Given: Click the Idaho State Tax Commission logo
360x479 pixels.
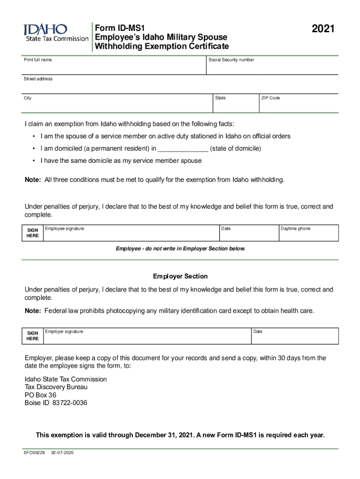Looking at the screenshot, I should [x=56, y=33].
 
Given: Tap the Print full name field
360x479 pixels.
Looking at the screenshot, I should [x=114, y=67].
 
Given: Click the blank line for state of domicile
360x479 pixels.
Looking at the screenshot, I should [x=183, y=149].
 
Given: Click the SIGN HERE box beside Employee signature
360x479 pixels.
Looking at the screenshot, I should [x=33, y=233].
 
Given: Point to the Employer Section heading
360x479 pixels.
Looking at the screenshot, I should [x=180, y=276].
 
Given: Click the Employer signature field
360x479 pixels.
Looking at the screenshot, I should [x=146, y=337].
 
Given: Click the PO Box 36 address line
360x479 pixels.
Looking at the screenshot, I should [x=41, y=395].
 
